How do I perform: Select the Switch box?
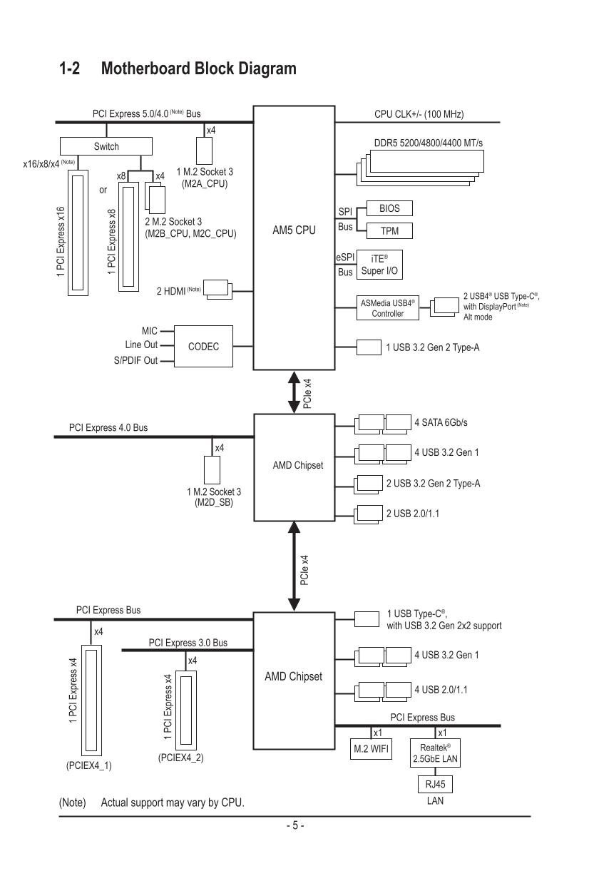coord(106,146)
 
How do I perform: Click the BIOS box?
coord(389,208)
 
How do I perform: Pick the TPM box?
coord(389,230)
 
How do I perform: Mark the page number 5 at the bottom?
coord(294,827)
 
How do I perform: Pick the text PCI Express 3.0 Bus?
coord(188,643)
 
